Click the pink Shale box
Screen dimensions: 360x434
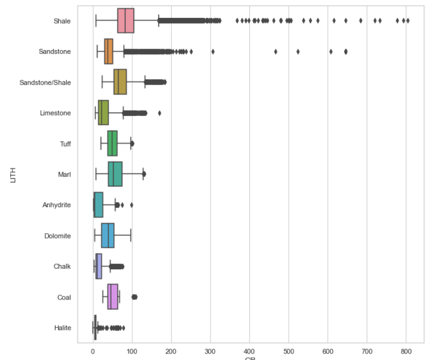125,21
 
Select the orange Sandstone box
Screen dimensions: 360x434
109,52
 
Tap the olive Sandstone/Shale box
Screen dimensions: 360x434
120,82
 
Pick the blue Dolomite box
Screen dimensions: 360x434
107,236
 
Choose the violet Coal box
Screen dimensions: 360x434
112,297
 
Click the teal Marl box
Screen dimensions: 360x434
115,174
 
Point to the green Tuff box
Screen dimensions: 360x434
112,144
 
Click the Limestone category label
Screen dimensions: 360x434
55,113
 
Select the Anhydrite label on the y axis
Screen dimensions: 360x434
57,205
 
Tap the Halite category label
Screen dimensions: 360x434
62,328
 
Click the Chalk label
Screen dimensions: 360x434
63,267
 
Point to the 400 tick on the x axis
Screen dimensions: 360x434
249,351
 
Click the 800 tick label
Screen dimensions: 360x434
406,351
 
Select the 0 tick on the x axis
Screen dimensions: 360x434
93,351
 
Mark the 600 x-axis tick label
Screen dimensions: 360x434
328,351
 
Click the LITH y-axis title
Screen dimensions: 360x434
13,174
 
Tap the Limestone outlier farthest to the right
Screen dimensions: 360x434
159,113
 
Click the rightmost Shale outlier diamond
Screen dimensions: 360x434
408,21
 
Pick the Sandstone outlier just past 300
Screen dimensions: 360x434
213,52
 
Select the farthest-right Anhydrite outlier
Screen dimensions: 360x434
131,205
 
